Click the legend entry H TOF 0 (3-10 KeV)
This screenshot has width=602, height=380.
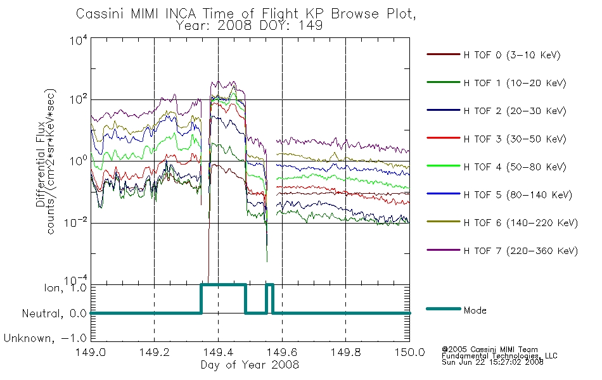pos(512,55)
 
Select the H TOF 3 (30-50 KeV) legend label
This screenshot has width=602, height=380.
pos(515,139)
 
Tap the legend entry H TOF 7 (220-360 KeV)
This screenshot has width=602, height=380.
pos(521,251)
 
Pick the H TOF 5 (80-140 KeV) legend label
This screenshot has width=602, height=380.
pos(518,195)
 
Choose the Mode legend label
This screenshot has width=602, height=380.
pos(475,310)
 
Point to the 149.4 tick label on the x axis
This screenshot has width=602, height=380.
pos(218,352)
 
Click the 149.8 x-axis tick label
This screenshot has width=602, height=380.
pos(345,352)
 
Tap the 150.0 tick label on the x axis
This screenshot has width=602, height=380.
pos(409,352)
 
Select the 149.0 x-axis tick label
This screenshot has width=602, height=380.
pos(91,352)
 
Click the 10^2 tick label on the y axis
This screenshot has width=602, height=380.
pos(79,99)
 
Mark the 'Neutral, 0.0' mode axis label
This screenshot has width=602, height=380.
pos(54,313)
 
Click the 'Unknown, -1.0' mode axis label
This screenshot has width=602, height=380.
pos(45,338)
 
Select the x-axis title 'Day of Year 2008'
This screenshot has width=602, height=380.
pos(250,364)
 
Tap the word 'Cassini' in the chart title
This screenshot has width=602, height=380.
pos(101,14)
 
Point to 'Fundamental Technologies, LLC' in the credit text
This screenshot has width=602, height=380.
pos(499,356)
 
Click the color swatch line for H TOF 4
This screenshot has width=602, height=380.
pos(443,166)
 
